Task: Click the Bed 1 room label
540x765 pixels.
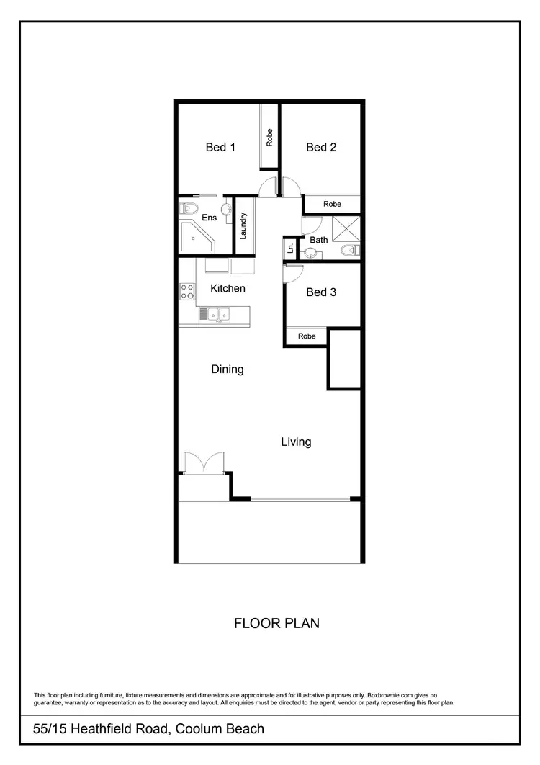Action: click(x=220, y=147)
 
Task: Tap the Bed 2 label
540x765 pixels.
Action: click(x=321, y=147)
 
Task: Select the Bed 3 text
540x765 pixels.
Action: click(x=321, y=292)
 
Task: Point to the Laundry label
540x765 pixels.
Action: click(x=245, y=225)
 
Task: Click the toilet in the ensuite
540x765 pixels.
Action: click(x=189, y=209)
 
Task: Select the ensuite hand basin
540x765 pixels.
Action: click(x=226, y=210)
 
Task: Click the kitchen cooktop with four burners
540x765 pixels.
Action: click(x=187, y=291)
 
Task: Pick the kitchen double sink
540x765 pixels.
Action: click(x=214, y=314)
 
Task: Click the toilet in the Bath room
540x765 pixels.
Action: click(x=350, y=251)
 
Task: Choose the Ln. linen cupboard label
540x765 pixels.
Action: click(x=290, y=249)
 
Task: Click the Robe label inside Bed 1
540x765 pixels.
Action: click(x=269, y=137)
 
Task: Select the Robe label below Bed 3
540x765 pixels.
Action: click(x=307, y=336)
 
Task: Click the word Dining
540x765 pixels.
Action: click(x=227, y=370)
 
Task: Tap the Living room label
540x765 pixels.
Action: click(x=296, y=442)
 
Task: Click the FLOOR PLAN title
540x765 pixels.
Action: click(x=277, y=622)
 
